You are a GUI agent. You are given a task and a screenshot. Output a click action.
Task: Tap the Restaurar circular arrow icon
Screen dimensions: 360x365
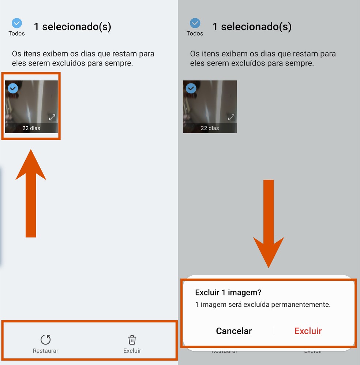[45, 340]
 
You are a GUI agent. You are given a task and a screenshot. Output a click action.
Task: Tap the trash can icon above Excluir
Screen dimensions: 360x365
[132, 340]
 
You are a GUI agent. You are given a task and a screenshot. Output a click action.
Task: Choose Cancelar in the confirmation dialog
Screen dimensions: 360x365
[234, 331]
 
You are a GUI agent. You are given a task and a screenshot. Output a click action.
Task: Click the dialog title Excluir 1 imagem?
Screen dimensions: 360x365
[228, 293]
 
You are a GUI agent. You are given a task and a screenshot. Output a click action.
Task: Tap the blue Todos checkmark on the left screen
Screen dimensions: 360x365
[17, 23]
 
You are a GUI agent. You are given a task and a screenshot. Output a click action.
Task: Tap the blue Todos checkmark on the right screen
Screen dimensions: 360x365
[195, 23]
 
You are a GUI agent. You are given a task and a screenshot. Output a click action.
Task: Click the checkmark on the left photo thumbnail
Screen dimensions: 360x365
[13, 88]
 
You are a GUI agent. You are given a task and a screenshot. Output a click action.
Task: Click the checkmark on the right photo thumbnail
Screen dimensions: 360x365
[191, 88]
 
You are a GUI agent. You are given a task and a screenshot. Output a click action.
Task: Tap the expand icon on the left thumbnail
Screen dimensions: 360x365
[52, 117]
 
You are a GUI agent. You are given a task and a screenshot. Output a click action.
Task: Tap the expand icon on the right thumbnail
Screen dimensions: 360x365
[231, 117]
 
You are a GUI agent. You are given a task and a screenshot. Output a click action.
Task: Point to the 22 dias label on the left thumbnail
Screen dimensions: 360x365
[31, 128]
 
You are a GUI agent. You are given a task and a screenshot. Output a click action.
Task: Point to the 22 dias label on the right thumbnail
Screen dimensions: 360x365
[210, 128]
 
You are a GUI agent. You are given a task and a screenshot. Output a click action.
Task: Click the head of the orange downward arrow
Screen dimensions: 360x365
[269, 252]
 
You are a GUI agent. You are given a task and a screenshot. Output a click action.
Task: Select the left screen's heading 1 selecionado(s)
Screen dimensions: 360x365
[72, 27]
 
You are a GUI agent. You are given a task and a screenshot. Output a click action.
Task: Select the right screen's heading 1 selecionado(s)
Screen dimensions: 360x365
[252, 27]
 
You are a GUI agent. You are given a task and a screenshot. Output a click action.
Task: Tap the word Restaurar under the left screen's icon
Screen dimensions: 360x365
[46, 351]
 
